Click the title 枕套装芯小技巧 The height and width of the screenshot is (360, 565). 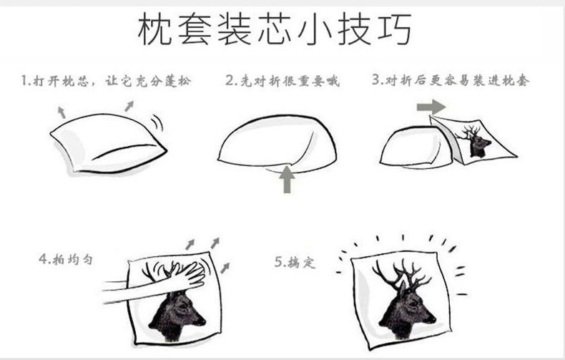(x=275, y=32)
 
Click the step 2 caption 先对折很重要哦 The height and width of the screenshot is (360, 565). (x=282, y=81)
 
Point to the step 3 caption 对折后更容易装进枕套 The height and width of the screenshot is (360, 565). (x=451, y=80)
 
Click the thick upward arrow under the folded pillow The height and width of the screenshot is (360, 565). (x=287, y=179)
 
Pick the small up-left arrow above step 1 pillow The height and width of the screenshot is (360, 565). (x=62, y=111)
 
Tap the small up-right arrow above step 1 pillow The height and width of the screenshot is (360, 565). (x=129, y=106)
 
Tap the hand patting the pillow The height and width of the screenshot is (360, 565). (x=179, y=276)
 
